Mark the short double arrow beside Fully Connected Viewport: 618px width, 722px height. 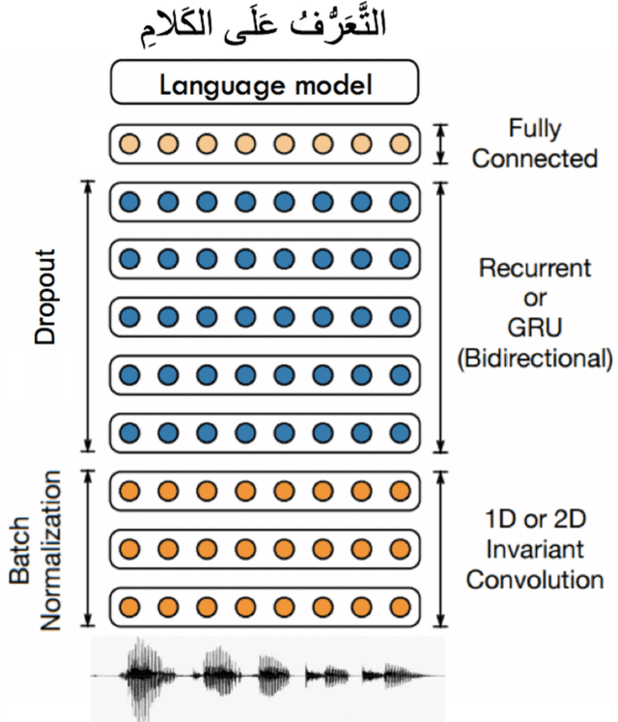click(x=442, y=143)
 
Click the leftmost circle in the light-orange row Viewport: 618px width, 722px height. click(x=128, y=144)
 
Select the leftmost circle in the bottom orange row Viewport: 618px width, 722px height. click(x=128, y=609)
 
